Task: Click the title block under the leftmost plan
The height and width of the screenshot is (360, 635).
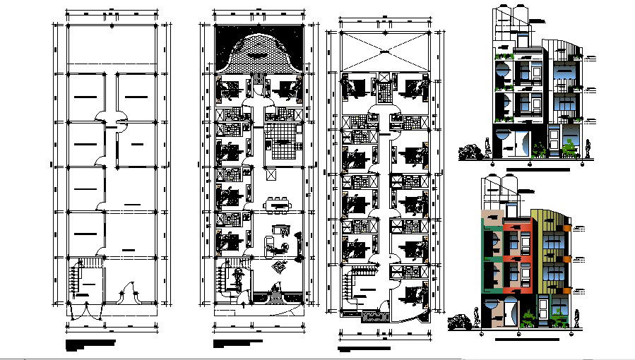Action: (x=90, y=344)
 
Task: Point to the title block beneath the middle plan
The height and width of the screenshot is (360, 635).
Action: (x=238, y=344)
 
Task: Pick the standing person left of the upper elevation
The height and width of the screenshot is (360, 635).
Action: (x=487, y=149)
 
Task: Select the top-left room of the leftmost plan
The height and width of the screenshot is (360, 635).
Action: (x=85, y=95)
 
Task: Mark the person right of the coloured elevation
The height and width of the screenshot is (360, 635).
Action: (x=577, y=318)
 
